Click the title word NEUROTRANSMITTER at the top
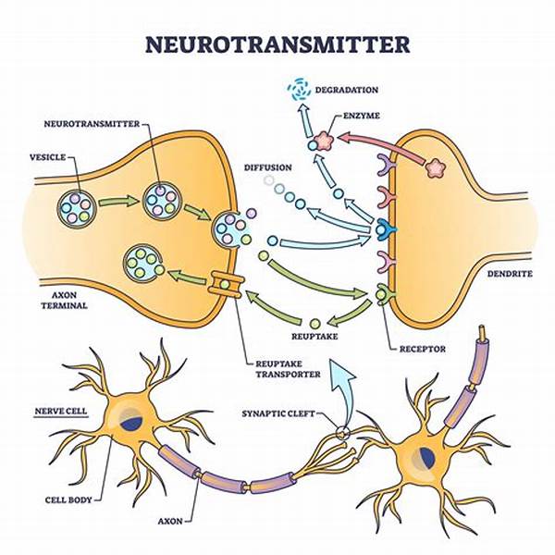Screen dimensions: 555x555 tap(277, 44)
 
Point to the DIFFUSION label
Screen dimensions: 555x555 tap(268, 167)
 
